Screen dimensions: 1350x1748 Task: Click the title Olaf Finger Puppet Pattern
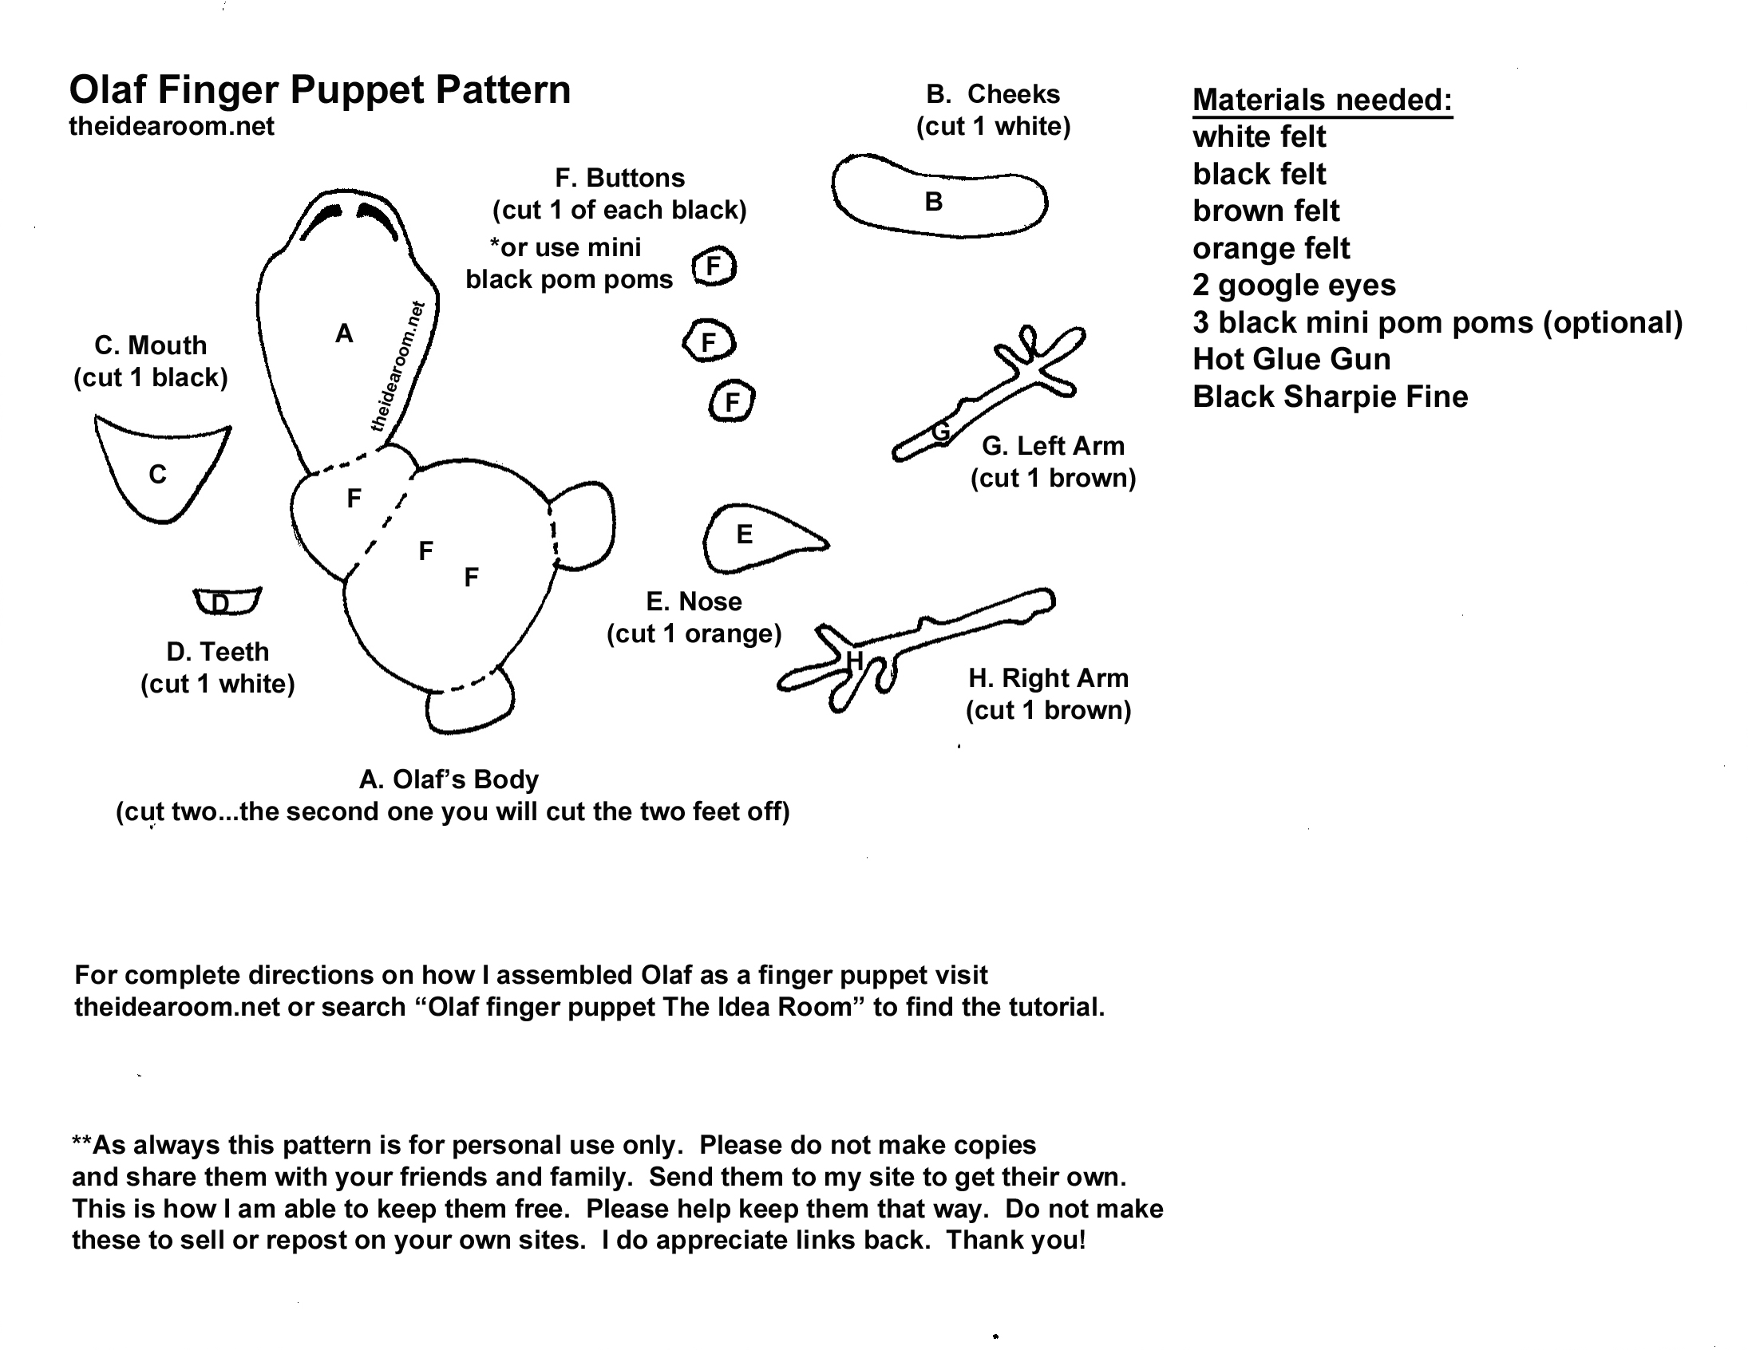[x=319, y=89]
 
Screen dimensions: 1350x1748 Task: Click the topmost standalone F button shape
[x=713, y=266]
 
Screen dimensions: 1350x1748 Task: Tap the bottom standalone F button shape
[x=732, y=401]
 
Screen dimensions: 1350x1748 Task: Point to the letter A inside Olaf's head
[x=343, y=334]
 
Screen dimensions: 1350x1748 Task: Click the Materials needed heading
[x=1322, y=100]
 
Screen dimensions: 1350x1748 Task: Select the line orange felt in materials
[x=1270, y=248]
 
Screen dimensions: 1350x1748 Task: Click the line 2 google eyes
[x=1293, y=285]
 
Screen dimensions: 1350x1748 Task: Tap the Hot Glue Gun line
[x=1291, y=359]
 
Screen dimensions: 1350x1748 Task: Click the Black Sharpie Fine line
[x=1330, y=397]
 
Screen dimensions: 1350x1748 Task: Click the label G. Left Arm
[x=1053, y=446]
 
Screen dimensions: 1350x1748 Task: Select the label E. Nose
[x=693, y=601]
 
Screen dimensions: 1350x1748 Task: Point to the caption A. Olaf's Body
[x=449, y=779]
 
